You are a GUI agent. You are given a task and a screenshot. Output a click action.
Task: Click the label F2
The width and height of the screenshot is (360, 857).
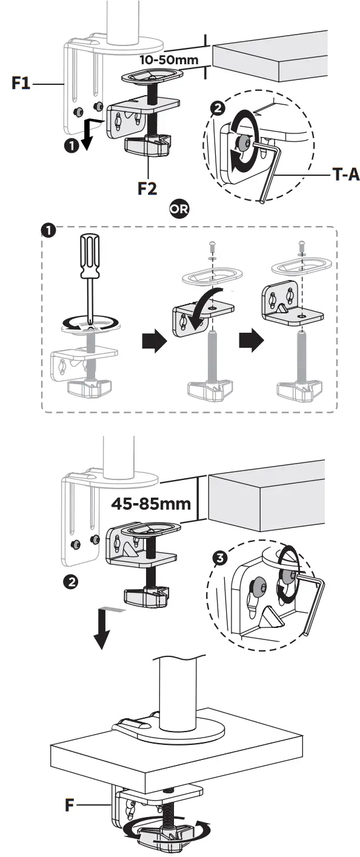coord(147,188)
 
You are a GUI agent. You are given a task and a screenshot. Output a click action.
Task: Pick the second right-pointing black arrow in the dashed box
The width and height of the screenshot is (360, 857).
coord(248,342)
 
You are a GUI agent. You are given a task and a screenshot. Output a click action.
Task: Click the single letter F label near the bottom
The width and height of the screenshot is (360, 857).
coord(71,805)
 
